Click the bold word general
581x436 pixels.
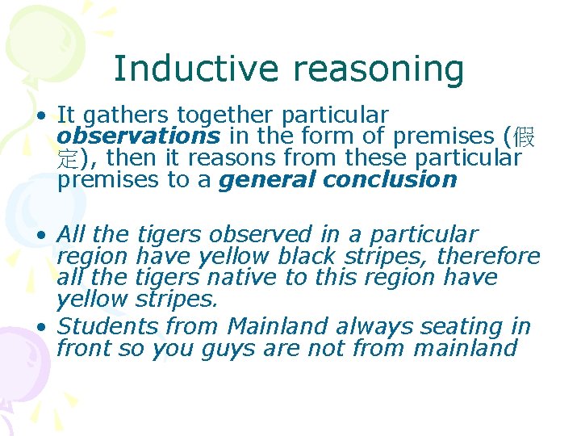[x=267, y=180]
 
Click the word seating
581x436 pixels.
[x=455, y=327]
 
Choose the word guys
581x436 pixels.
[x=227, y=349]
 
